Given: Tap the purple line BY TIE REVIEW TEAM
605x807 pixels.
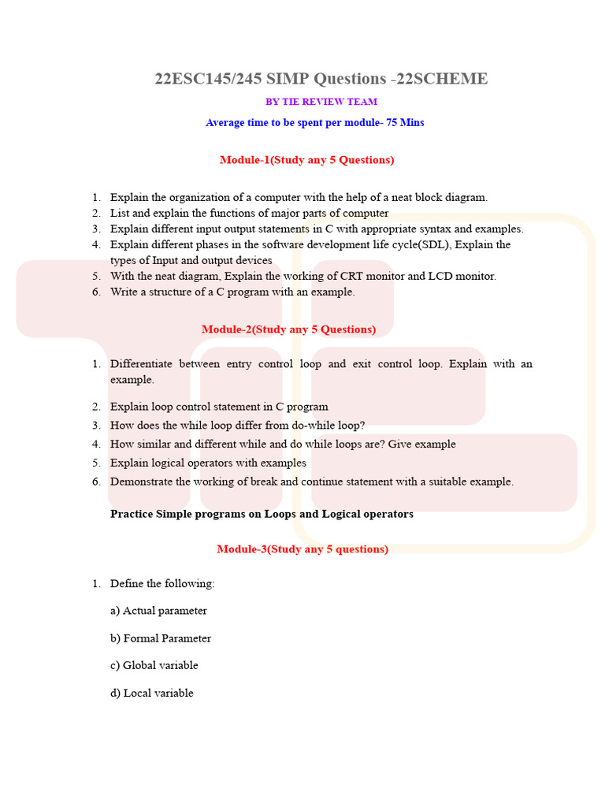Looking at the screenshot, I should coord(321,102).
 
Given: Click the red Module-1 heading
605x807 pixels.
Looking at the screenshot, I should coord(306,160).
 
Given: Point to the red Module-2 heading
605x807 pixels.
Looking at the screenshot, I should coord(288,329).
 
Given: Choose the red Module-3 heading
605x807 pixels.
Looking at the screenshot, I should coord(302,549).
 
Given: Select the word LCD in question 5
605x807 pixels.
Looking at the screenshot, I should coord(440,277).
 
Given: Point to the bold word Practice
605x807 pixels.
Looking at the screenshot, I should coord(132,514).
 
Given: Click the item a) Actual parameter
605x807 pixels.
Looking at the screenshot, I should coord(158,611).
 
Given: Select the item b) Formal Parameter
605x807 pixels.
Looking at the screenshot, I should coord(161,638).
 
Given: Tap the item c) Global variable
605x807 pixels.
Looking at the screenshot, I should coord(154,665).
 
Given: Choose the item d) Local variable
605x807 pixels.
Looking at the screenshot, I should coord(152,694).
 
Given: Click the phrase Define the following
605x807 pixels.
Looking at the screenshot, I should coord(161,584).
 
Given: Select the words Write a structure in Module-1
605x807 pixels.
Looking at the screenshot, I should coord(150,292).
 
